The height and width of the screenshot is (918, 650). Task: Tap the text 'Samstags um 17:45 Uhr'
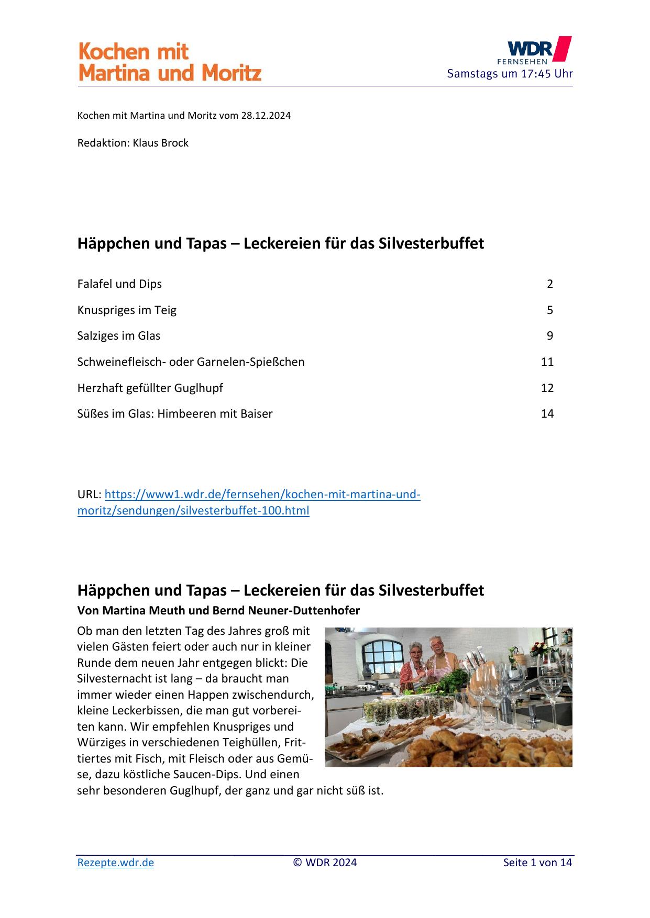(x=509, y=74)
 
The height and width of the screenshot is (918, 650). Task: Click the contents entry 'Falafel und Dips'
(x=119, y=284)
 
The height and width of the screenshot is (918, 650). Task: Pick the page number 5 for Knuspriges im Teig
(x=549, y=310)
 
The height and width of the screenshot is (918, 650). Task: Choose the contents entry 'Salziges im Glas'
(x=119, y=336)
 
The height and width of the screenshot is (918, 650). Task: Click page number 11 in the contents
(x=547, y=362)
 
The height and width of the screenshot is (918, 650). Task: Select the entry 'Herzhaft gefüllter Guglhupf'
(x=150, y=388)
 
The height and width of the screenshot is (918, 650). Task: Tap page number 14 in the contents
(x=547, y=414)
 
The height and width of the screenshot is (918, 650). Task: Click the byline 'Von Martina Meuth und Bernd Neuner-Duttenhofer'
(x=218, y=610)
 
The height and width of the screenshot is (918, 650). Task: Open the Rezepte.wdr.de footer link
(x=116, y=863)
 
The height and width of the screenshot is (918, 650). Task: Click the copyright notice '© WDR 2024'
(x=325, y=863)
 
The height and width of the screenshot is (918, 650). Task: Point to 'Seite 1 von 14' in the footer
(x=537, y=863)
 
